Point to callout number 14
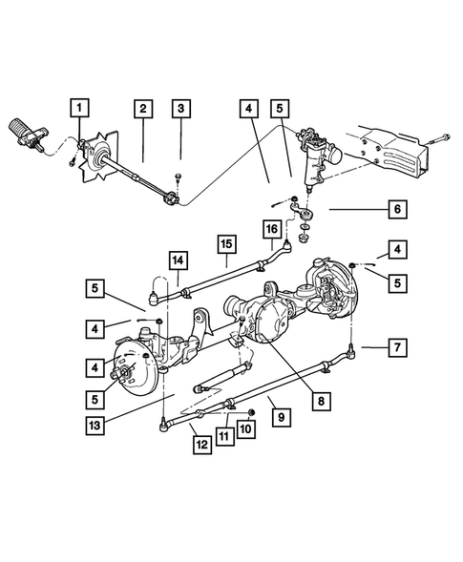click(177, 260)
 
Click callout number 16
click(272, 230)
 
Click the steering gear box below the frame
click(313, 155)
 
